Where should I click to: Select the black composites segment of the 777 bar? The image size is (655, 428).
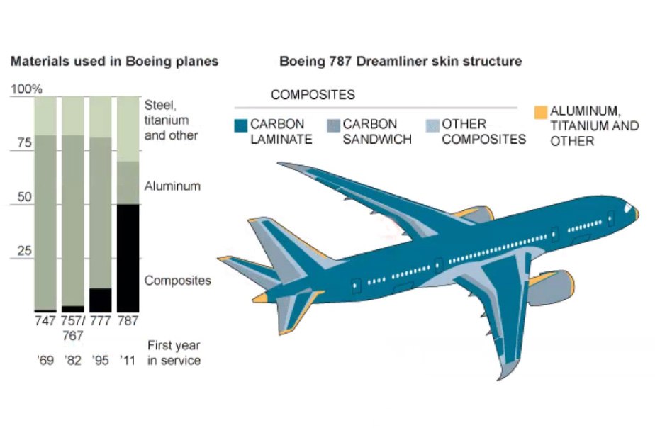pos(101,300)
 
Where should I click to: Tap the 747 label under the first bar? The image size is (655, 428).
pos(45,320)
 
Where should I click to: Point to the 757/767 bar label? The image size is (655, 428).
pos(73,327)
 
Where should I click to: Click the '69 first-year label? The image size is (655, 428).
pos(45,361)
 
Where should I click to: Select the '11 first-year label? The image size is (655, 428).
pos(128,361)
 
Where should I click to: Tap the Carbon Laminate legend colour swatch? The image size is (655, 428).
pos(240,126)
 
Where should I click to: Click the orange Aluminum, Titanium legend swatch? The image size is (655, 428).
pos(540,112)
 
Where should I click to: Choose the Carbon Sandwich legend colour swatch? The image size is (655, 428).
pos(332,125)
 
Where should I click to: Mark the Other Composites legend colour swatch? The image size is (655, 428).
pos(431,125)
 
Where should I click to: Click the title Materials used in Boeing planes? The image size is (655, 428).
pos(114,62)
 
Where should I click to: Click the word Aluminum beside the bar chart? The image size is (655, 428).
pos(172,186)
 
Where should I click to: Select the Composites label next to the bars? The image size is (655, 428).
pos(177,281)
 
